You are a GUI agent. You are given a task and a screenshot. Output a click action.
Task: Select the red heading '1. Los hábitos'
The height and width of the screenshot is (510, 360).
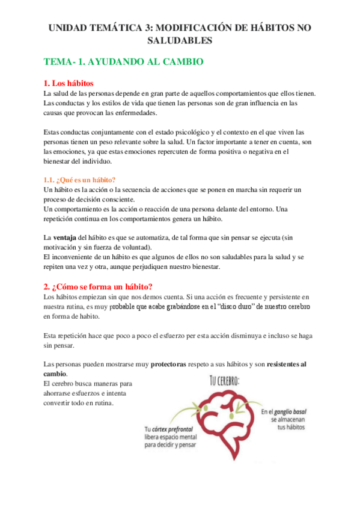pyautogui.click(x=69, y=83)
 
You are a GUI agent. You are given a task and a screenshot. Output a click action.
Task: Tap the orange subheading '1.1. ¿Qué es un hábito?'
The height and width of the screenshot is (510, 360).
pyautogui.click(x=79, y=180)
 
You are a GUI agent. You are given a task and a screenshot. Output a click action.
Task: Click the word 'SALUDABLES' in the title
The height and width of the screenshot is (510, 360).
pyautogui.click(x=180, y=40)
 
